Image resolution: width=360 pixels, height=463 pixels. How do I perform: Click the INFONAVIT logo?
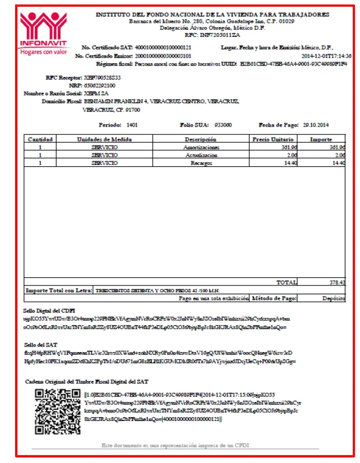(43, 33)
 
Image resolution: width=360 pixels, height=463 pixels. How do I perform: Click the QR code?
(55, 412)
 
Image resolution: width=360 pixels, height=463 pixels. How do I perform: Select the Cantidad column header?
(40, 139)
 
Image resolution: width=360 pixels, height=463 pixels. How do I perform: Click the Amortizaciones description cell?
(201, 147)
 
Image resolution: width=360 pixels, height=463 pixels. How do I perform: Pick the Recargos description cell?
(201, 163)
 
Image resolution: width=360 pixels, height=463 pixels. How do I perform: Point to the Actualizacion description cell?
(201, 155)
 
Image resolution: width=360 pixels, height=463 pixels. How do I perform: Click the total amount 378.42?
(338, 283)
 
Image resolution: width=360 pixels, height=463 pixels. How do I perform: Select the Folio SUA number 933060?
(223, 125)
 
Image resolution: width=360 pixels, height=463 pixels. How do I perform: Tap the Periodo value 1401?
(132, 125)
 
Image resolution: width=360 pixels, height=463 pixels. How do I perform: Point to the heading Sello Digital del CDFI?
(49, 310)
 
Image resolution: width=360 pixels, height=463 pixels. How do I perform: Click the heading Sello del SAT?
(41, 345)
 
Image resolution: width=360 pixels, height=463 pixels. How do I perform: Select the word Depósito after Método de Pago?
(334, 299)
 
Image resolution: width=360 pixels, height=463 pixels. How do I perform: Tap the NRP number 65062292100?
(100, 85)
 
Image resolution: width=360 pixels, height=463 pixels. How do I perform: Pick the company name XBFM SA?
(96, 93)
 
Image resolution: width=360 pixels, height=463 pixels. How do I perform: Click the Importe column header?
(321, 139)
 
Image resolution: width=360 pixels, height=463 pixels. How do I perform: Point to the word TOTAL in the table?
(287, 283)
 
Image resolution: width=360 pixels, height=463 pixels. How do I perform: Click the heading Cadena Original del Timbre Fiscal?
(87, 381)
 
